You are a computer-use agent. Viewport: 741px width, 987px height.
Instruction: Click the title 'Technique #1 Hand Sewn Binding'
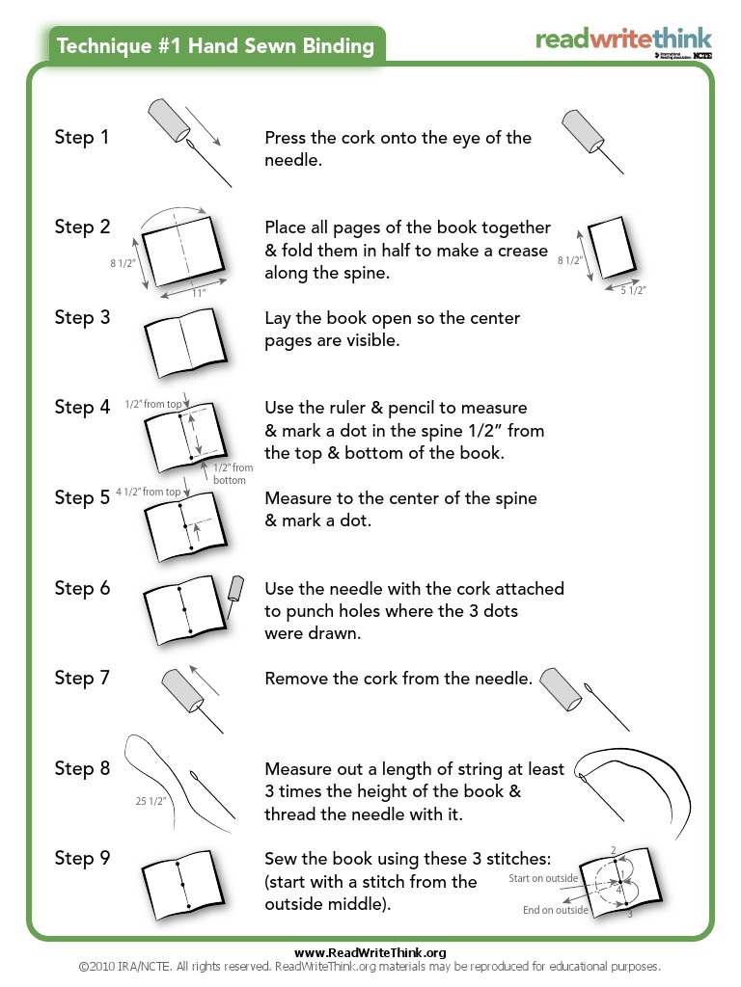(215, 45)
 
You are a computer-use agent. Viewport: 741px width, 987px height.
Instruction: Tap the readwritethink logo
(623, 40)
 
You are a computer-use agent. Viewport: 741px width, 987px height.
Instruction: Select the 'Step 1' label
(82, 138)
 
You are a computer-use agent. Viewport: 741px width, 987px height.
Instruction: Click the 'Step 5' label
(82, 498)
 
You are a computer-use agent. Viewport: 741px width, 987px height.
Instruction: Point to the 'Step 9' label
(82, 859)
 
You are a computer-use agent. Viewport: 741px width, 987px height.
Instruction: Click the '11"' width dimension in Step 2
(198, 293)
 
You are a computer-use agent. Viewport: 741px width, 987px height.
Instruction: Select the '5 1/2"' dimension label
(632, 289)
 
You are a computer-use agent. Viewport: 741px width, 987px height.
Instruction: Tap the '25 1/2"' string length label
(151, 800)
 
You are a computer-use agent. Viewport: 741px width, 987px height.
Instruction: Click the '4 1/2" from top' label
(148, 492)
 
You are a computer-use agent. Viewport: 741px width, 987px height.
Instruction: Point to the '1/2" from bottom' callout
(230, 473)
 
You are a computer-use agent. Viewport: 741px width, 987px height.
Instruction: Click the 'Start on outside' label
(543, 878)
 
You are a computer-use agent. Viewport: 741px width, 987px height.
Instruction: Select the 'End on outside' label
(555, 910)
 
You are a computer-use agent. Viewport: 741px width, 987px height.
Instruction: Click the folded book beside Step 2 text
(610, 246)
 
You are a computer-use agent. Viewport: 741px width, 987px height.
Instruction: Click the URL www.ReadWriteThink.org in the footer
(370, 952)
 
